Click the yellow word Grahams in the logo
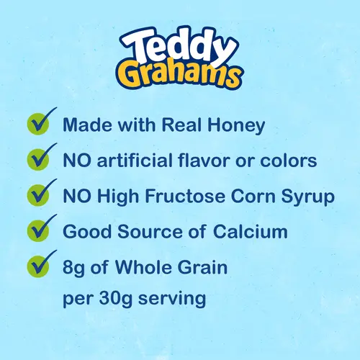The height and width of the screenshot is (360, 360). coord(180,75)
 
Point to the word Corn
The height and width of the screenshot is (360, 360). coord(261,197)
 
